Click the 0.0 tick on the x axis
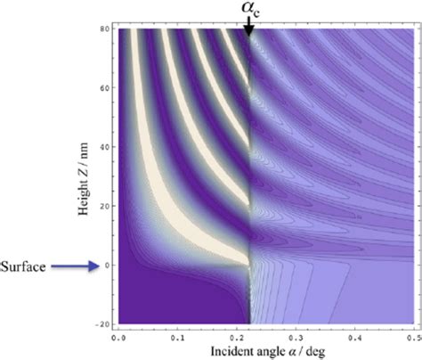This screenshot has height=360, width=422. point(119,338)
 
